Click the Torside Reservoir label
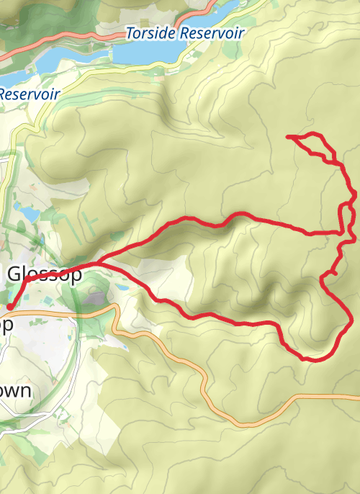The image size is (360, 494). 185,33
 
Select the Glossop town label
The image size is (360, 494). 43,274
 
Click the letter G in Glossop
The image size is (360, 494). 15,274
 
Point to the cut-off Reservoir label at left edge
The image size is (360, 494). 29,94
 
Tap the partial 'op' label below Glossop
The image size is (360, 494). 6,325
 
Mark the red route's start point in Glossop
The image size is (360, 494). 9,307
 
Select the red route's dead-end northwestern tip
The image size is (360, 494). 289,136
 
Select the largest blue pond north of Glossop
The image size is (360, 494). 30,214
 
